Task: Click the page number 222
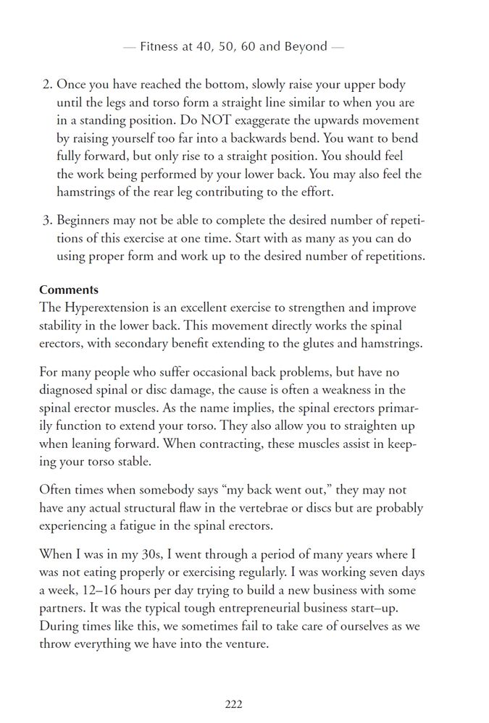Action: coord(233,703)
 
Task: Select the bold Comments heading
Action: coord(68,290)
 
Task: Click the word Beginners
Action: coord(84,219)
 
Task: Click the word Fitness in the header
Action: coord(160,47)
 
